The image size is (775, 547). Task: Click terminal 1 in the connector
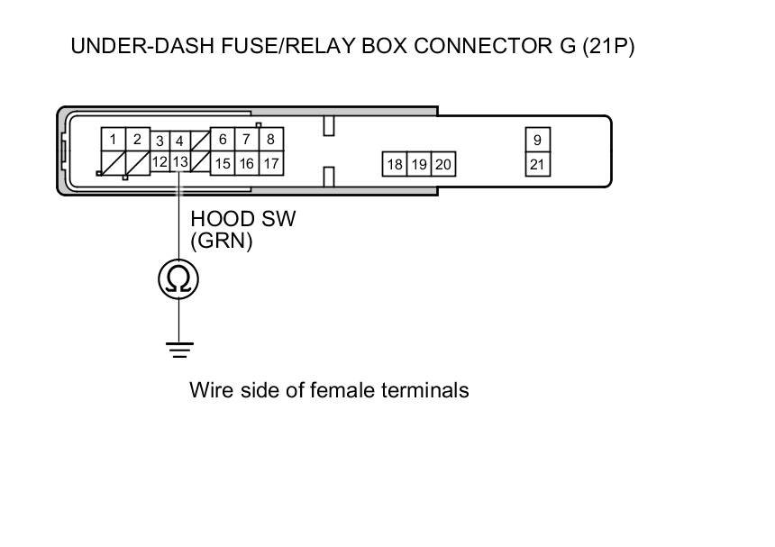pyautogui.click(x=113, y=140)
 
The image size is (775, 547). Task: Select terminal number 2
pyautogui.click(x=137, y=140)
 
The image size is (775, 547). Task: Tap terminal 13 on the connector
pyautogui.click(x=180, y=162)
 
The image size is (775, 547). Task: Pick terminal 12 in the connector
pyautogui.click(x=160, y=162)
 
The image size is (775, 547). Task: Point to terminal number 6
pyautogui.click(x=222, y=140)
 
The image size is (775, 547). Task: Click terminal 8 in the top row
pyautogui.click(x=270, y=140)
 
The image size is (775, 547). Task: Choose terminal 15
pyautogui.click(x=222, y=164)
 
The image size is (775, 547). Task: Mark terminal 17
pyautogui.click(x=270, y=164)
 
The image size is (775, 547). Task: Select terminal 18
pyautogui.click(x=395, y=164)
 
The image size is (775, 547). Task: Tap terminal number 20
pyautogui.click(x=442, y=164)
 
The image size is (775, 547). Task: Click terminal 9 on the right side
pyautogui.click(x=537, y=140)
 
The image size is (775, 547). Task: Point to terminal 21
pyautogui.click(x=537, y=164)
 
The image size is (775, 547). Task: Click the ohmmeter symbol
pyautogui.click(x=178, y=279)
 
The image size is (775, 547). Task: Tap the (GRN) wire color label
pyautogui.click(x=222, y=241)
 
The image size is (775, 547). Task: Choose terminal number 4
pyautogui.click(x=180, y=141)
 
